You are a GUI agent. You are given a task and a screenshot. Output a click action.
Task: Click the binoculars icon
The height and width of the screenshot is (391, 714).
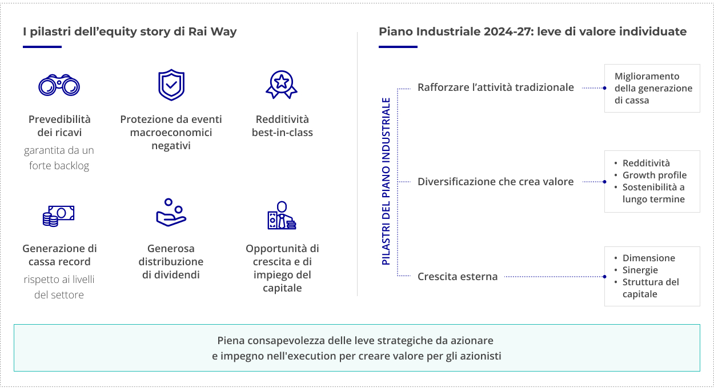[x=59, y=85]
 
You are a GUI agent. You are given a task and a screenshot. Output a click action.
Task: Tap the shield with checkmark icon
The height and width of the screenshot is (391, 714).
[x=171, y=85]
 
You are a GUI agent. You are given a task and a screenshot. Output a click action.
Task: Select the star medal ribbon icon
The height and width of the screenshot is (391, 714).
[x=282, y=85]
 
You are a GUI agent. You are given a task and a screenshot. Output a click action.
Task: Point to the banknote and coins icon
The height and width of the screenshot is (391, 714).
[x=59, y=216]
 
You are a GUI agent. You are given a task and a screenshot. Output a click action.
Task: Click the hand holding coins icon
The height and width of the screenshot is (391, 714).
[x=171, y=213]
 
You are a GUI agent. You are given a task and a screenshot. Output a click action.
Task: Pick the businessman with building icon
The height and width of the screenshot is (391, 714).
[x=282, y=216]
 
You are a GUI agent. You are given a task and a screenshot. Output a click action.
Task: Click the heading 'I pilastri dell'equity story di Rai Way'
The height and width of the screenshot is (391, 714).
[x=130, y=31]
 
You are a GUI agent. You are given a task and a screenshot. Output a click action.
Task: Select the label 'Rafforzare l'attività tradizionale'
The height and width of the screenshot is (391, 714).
[x=495, y=87]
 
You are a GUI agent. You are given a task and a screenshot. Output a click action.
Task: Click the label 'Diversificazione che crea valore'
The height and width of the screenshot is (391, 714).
[x=495, y=182]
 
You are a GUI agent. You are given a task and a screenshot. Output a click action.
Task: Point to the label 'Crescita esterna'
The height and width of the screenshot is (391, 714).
[x=458, y=277]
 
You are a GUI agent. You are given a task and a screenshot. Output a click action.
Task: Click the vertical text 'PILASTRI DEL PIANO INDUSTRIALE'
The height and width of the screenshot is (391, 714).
[x=386, y=181]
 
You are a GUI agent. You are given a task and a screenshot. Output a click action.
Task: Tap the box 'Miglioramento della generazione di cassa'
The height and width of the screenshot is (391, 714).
[x=652, y=88]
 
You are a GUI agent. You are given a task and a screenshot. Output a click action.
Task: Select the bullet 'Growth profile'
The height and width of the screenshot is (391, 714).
[x=654, y=175]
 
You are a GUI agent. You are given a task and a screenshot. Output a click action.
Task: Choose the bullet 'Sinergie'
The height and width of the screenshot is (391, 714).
[x=640, y=270]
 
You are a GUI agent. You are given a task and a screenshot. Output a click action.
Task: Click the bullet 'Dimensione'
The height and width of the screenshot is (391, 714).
[x=648, y=258]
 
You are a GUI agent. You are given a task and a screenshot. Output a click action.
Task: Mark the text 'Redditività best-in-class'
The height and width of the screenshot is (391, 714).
[x=282, y=126]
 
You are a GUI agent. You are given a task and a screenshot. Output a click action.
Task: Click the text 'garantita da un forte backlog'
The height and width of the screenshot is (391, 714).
[x=59, y=158]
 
